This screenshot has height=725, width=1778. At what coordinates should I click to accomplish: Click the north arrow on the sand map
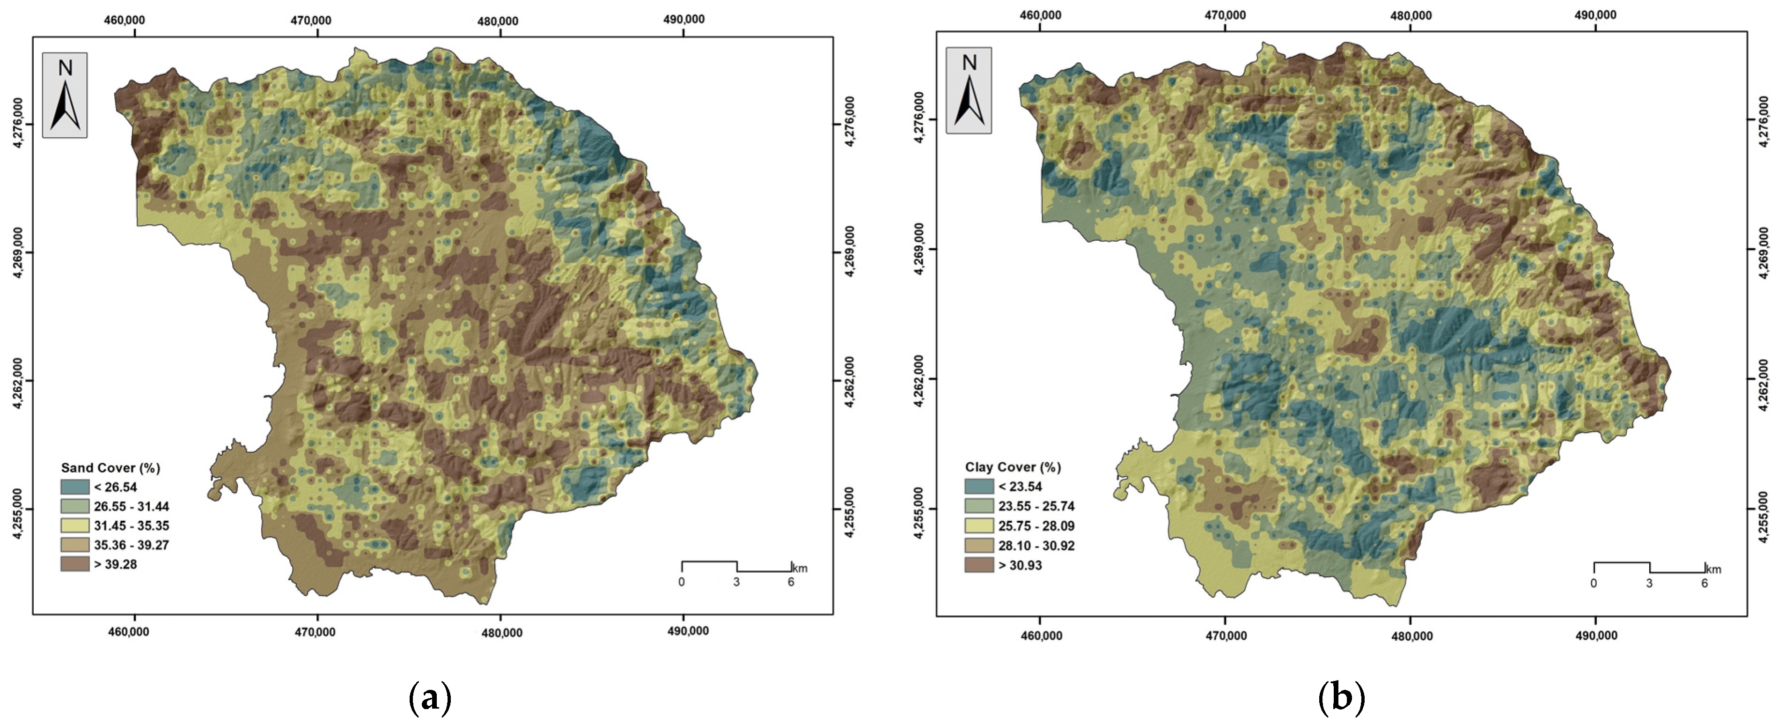click(66, 96)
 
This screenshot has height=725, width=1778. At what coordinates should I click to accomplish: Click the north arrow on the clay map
click(969, 92)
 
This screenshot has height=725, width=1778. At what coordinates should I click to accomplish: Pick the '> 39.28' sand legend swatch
click(74, 564)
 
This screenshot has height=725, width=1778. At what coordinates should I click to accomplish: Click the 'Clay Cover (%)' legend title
click(1013, 467)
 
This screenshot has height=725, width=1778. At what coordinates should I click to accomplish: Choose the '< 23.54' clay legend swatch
click(979, 487)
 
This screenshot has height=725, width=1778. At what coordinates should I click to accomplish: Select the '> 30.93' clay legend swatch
click(979, 565)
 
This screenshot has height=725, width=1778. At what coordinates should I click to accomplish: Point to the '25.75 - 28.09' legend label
click(1036, 526)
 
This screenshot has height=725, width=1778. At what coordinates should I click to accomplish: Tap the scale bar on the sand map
click(736, 567)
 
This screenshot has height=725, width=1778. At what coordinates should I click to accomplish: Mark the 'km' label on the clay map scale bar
click(1713, 570)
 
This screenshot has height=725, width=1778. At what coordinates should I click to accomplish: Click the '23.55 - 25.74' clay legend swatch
click(979, 506)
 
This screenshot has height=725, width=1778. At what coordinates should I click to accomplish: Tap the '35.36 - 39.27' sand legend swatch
click(74, 545)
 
